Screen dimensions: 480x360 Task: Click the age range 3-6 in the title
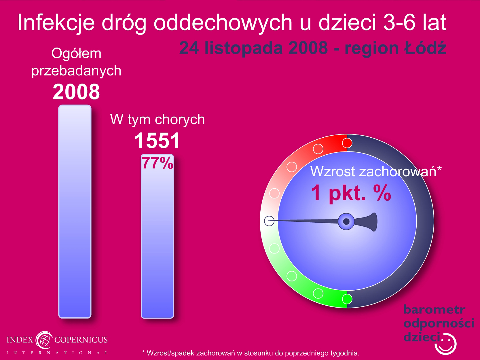(399, 22)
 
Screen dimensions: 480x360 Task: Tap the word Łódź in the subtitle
(425, 48)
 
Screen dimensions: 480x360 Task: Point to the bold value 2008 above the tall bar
(76, 92)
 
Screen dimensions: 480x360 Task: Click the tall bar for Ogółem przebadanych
(75, 211)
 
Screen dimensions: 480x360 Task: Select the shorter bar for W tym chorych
(158, 236)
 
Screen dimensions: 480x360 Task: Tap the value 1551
(157, 141)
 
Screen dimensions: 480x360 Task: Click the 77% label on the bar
(158, 163)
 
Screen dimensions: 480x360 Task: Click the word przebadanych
(76, 71)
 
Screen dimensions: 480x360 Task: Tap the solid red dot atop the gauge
(347, 143)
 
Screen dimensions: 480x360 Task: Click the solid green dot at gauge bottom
(347, 299)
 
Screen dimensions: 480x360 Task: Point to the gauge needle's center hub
(346, 221)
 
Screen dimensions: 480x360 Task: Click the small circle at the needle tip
(269, 221)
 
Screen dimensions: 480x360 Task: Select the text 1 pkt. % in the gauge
(351, 193)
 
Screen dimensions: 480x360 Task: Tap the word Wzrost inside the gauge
(332, 171)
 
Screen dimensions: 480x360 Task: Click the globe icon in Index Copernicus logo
(44, 340)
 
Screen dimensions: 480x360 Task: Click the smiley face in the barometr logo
(446, 344)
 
